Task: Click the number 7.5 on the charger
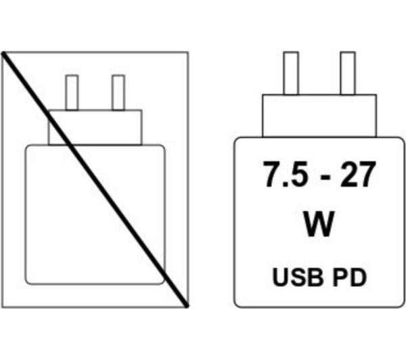click(286, 174)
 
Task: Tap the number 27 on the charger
click(358, 174)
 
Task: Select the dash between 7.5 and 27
click(325, 177)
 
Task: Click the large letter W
click(318, 224)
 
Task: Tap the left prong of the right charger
click(291, 73)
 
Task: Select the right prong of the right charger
click(348, 73)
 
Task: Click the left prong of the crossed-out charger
click(72, 93)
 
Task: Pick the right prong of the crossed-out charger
click(118, 93)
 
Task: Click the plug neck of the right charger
click(319, 116)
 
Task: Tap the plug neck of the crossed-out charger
click(95, 127)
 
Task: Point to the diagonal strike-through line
click(95, 180)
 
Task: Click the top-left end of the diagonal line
click(3, 53)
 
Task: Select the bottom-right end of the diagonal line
click(187, 307)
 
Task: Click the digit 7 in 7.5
click(272, 174)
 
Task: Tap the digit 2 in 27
click(348, 174)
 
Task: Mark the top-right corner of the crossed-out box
click(188, 52)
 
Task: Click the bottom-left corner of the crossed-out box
click(2, 307)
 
